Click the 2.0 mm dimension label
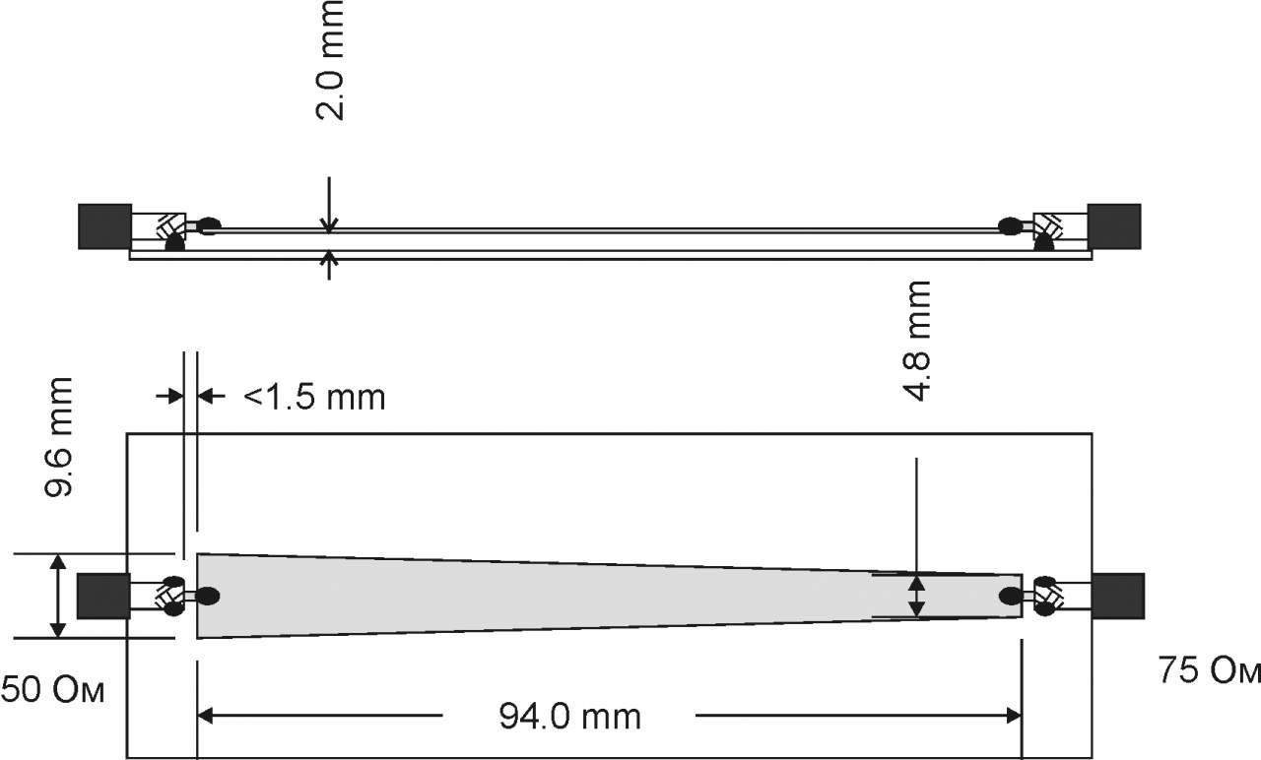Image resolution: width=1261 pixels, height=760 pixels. (330, 60)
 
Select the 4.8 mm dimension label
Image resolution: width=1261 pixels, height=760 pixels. (916, 341)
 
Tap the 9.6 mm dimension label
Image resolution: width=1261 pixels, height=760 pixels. (58, 437)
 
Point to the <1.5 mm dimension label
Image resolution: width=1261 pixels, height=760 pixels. (314, 397)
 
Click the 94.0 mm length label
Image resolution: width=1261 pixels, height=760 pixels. (569, 716)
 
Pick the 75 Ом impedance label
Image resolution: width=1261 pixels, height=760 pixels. (1209, 670)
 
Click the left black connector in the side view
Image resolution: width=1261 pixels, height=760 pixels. (104, 226)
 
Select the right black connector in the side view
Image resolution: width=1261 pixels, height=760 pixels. (1114, 226)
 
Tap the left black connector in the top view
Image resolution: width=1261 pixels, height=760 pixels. (103, 597)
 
